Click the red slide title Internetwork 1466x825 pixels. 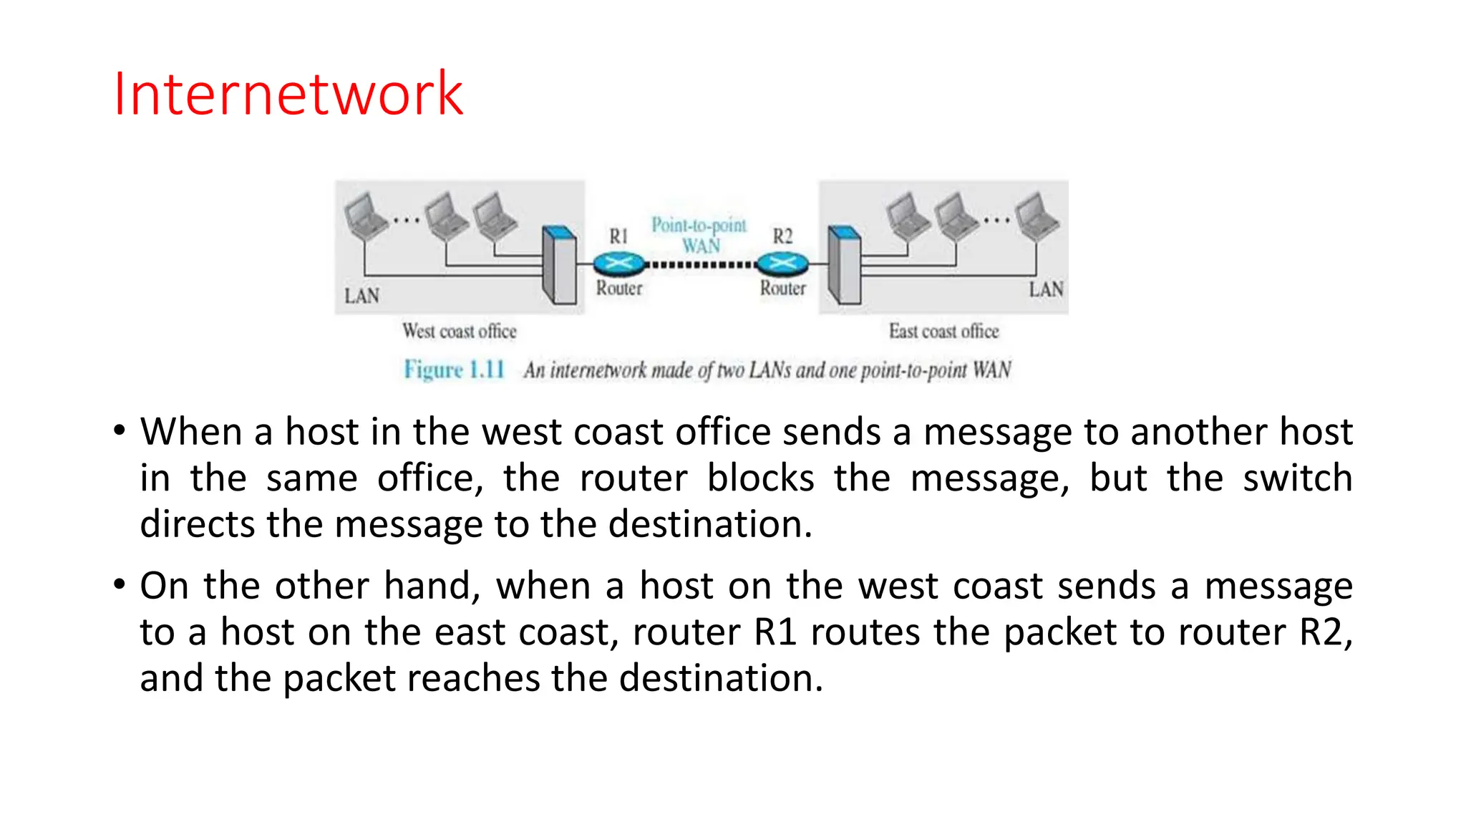click(288, 94)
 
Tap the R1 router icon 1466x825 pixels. click(618, 264)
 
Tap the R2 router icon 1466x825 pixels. click(782, 264)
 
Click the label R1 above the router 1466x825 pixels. click(618, 236)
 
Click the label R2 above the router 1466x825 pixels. click(782, 236)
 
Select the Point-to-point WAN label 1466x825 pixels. click(699, 235)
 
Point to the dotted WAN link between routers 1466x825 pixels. click(701, 265)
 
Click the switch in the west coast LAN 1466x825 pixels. click(559, 265)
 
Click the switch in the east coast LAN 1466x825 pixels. click(844, 265)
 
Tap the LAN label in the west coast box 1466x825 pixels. click(361, 296)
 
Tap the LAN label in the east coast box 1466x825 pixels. click(1046, 289)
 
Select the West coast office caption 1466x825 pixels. click(459, 331)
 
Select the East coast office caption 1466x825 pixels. click(943, 331)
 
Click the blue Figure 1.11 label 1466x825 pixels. click(454, 370)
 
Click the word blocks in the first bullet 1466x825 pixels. click(760, 478)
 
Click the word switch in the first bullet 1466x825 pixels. click(1297, 478)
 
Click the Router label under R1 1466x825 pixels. click(619, 288)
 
